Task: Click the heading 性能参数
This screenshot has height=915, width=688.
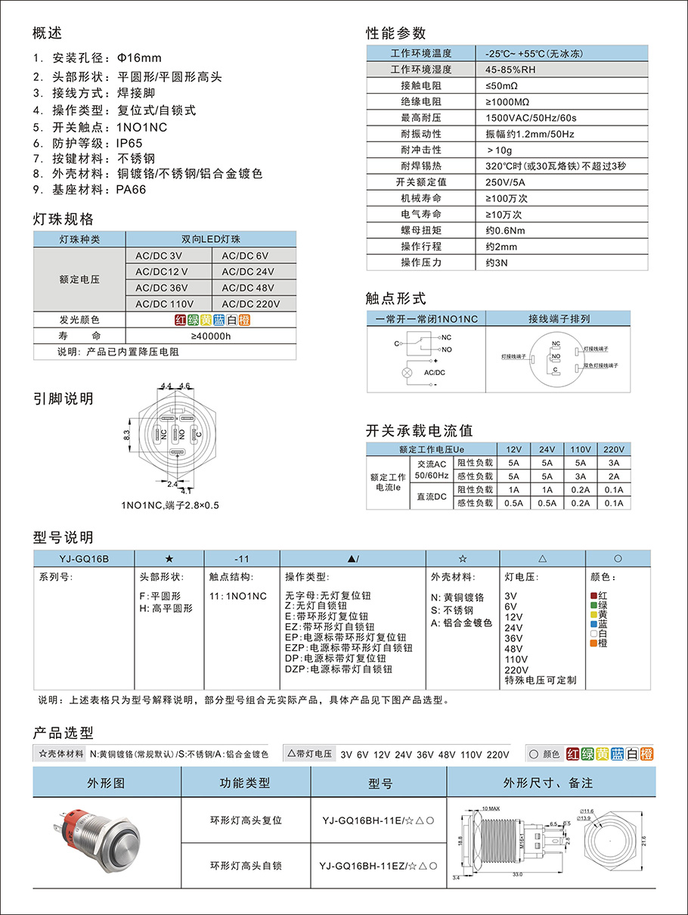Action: (396, 33)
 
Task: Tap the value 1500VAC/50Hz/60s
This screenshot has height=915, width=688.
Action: (531, 118)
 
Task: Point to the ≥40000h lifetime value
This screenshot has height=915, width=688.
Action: (210, 336)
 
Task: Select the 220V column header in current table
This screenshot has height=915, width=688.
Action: (613, 448)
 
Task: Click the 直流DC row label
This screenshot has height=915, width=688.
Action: (431, 496)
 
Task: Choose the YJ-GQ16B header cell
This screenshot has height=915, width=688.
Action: (84, 558)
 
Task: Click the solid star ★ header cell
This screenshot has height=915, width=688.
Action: (169, 558)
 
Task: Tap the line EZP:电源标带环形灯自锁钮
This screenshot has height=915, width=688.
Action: (349, 647)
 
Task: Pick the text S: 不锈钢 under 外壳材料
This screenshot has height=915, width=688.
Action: (452, 610)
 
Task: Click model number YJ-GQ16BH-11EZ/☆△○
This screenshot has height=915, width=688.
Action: (379, 867)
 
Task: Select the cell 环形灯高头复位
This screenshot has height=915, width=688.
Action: (246, 820)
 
